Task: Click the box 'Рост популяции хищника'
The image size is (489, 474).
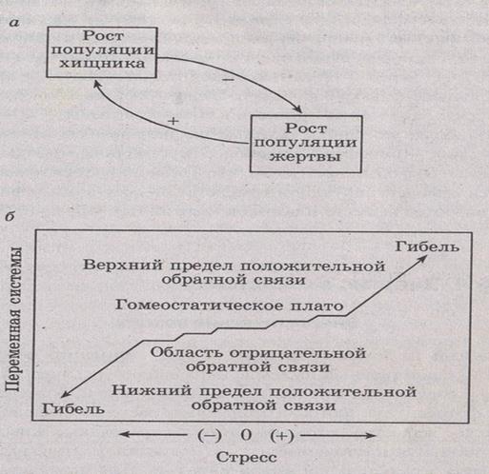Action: [x=102, y=52]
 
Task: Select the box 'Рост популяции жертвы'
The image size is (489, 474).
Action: [x=306, y=144]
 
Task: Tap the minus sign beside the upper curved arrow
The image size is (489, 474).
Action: [x=229, y=80]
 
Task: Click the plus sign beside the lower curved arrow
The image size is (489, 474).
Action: [x=173, y=121]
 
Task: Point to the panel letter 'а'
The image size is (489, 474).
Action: [x=14, y=23]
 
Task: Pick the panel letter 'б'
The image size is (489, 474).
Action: [x=10, y=217]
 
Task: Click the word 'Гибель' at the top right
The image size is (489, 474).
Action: [x=427, y=247]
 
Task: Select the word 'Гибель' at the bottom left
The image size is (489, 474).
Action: [x=73, y=408]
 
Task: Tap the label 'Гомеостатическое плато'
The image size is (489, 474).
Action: [x=229, y=306]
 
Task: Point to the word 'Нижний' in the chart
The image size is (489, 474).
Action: [x=152, y=390]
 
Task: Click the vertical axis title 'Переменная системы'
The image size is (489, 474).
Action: [x=13, y=320]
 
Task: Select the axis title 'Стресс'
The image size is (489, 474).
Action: [x=247, y=458]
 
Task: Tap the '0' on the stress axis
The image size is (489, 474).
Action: [x=246, y=435]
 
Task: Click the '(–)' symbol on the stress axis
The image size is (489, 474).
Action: [x=210, y=435]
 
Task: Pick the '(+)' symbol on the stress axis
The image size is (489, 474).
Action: [x=282, y=436]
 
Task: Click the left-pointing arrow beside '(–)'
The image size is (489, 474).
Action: [x=153, y=435]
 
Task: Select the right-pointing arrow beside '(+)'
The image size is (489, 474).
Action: [x=338, y=436]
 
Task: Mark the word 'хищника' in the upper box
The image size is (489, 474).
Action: [x=102, y=64]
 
